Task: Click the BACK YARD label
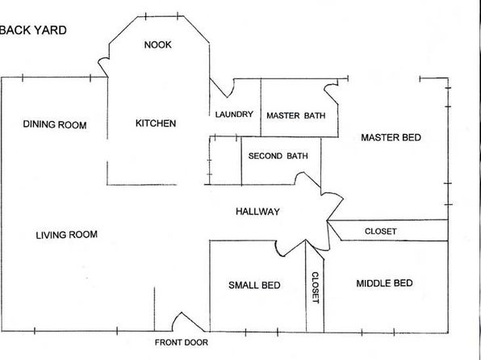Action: click(33, 30)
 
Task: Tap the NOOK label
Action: click(157, 45)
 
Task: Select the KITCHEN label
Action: click(156, 123)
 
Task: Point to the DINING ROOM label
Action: click(55, 124)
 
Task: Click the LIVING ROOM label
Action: click(66, 235)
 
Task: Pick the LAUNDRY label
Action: click(234, 115)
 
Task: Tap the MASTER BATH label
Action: click(295, 115)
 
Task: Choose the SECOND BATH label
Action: click(278, 156)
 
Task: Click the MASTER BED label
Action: click(391, 137)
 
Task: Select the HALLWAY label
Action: click(257, 211)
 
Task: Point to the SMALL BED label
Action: click(254, 285)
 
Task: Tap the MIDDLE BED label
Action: click(384, 283)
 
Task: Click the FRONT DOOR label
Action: click(182, 342)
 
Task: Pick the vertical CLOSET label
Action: click(316, 287)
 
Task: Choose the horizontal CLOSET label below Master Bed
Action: click(381, 231)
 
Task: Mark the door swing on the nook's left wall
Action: click(100, 64)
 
